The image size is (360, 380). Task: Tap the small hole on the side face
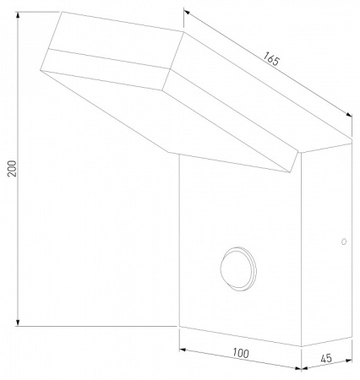343,242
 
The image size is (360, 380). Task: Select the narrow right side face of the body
325,253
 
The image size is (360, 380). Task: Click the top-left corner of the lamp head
61,12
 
